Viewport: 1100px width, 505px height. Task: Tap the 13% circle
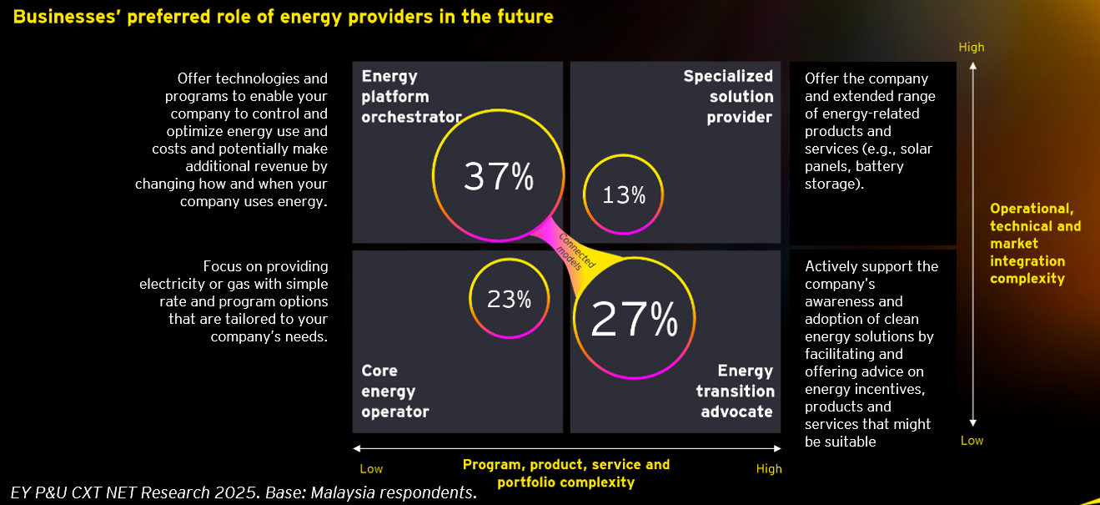tap(624, 195)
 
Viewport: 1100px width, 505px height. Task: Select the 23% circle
tap(509, 299)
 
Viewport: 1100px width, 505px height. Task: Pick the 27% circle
tap(634, 319)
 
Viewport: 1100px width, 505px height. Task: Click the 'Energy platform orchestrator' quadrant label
tap(411, 97)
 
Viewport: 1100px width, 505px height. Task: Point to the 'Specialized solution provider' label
tap(727, 97)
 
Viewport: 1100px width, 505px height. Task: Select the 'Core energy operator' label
tap(394, 391)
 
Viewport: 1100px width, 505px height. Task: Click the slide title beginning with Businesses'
tap(283, 17)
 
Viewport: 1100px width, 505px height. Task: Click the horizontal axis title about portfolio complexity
tap(565, 473)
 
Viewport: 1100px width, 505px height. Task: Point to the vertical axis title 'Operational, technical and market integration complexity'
tap(1035, 244)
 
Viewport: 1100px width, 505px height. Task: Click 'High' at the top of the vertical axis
tap(971, 48)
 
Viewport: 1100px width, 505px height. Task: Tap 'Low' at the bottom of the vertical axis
tap(972, 441)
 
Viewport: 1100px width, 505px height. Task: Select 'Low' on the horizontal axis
tap(371, 469)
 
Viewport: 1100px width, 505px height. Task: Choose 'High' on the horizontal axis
tap(769, 469)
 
